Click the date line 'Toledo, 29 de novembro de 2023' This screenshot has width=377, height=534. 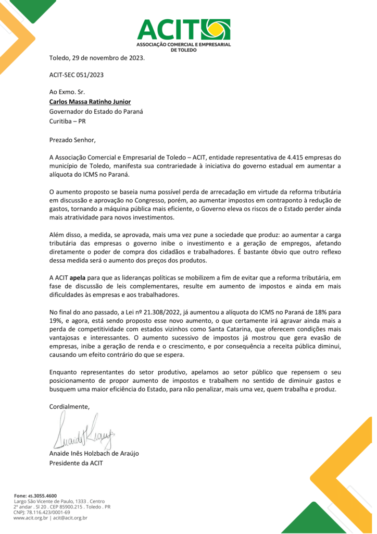point(97,57)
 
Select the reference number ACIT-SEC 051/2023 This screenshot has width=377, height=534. point(77,75)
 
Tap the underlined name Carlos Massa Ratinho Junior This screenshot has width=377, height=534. point(90,102)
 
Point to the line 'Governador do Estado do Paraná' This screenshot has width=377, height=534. point(96,112)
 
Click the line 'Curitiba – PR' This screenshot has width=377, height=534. point(68,121)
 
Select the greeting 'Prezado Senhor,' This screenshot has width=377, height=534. point(72,140)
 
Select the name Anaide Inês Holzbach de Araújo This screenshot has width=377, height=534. point(94,453)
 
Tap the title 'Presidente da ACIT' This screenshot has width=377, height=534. point(76,463)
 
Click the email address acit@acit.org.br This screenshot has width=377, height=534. point(70,518)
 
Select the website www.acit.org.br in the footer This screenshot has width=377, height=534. point(31,518)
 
